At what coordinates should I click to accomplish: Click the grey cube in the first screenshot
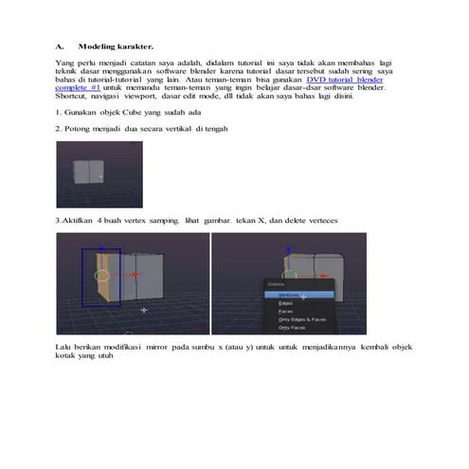pos(88,171)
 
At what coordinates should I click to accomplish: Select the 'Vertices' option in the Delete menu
pos(290,295)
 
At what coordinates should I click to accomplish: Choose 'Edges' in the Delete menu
pos(286,303)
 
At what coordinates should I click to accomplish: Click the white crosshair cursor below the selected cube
pos(144,310)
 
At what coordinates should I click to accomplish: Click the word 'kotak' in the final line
pos(66,358)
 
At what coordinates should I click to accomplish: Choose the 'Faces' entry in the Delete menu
pos(285,311)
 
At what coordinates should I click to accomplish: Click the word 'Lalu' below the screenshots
pos(64,349)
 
